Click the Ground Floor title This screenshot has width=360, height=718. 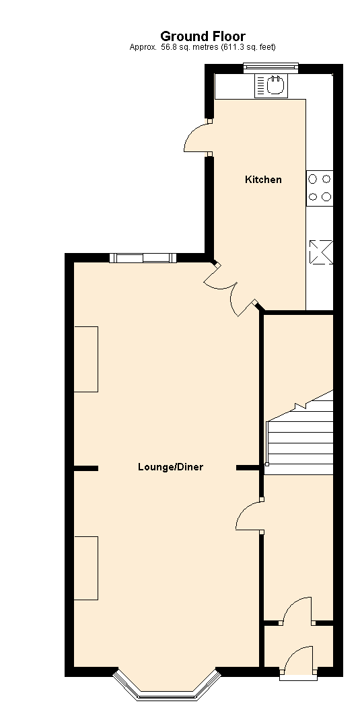203,36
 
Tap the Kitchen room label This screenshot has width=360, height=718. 263,180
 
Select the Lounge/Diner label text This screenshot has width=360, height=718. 170,467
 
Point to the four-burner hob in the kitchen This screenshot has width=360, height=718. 320,188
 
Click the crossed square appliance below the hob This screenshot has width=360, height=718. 320,252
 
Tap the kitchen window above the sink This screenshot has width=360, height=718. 270,66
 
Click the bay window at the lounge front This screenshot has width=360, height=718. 167,686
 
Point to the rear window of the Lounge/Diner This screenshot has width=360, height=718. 143,258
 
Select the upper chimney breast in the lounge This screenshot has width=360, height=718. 86,359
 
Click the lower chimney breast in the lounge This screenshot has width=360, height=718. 86,568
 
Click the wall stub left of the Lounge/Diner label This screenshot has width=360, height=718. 86,468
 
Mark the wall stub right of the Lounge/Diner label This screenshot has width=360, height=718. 248,467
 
